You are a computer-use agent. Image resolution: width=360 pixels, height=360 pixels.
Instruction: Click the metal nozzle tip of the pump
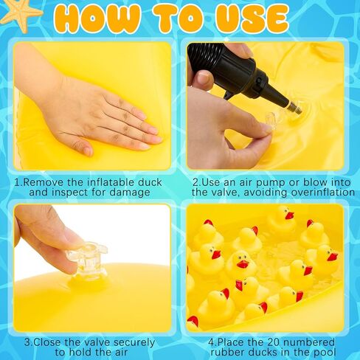click(295, 108)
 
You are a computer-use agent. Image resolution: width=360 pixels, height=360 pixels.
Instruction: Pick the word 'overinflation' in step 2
click(322, 192)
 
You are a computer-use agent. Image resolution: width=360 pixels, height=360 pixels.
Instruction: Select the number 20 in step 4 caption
click(274, 342)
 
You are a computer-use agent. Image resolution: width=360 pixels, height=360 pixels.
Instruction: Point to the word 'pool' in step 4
click(325, 353)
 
